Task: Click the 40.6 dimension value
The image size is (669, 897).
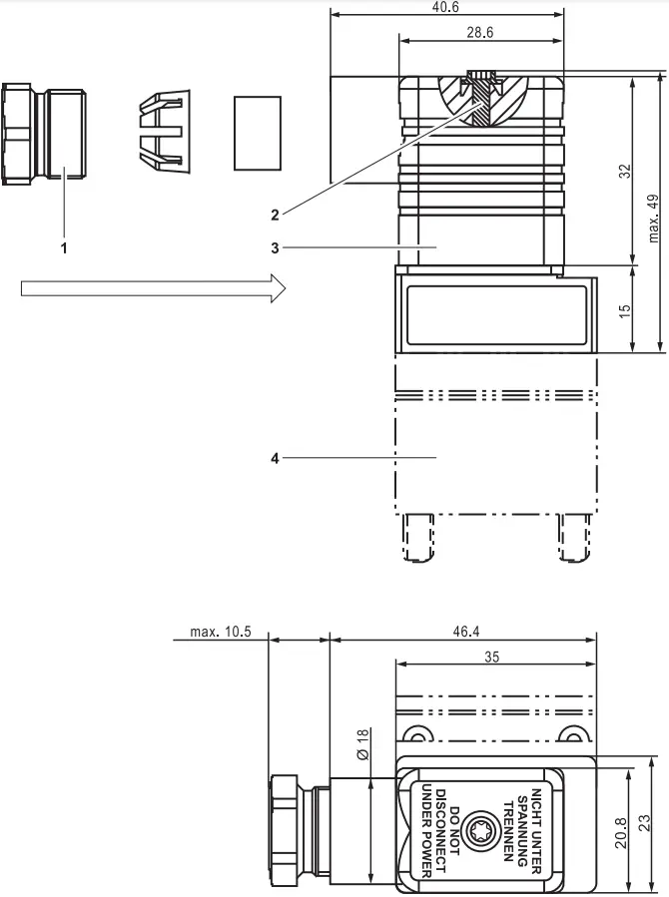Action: click(x=444, y=7)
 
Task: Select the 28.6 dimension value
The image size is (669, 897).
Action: click(x=480, y=32)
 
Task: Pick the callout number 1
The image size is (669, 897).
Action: click(x=64, y=247)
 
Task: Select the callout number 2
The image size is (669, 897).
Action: click(x=275, y=212)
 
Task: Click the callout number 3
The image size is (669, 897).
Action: click(x=275, y=245)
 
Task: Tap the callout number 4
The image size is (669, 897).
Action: click(x=275, y=458)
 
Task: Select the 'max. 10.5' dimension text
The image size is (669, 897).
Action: click(x=213, y=633)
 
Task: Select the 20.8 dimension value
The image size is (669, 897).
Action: click(x=621, y=830)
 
